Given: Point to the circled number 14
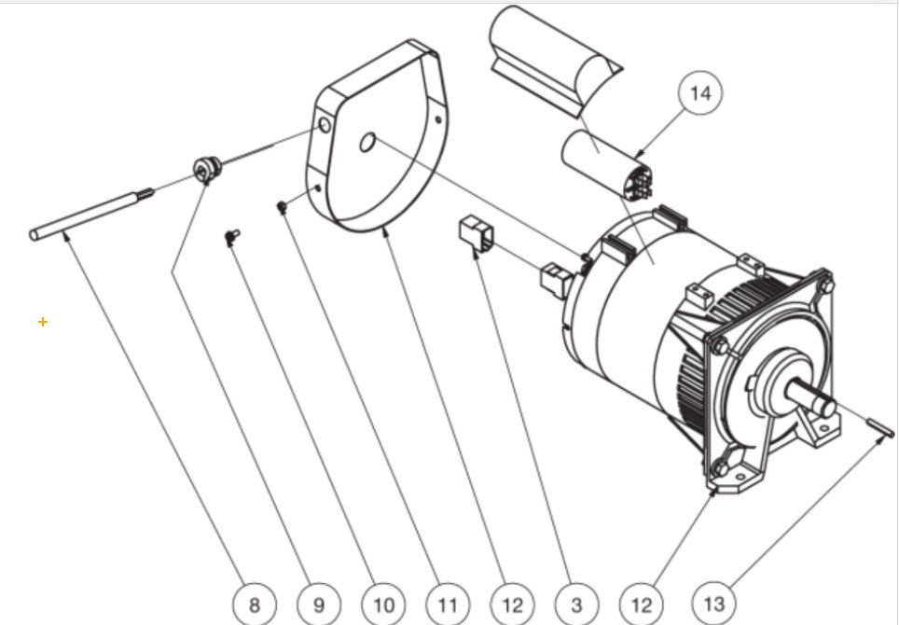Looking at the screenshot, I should tap(700, 93).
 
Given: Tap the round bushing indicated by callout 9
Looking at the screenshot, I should tap(205, 170).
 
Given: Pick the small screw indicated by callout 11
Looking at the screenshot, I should tap(282, 206).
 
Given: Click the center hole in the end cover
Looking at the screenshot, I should tap(367, 142).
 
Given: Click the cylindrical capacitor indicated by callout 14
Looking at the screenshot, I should tap(602, 162).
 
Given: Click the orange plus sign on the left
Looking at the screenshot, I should tap(43, 322).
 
